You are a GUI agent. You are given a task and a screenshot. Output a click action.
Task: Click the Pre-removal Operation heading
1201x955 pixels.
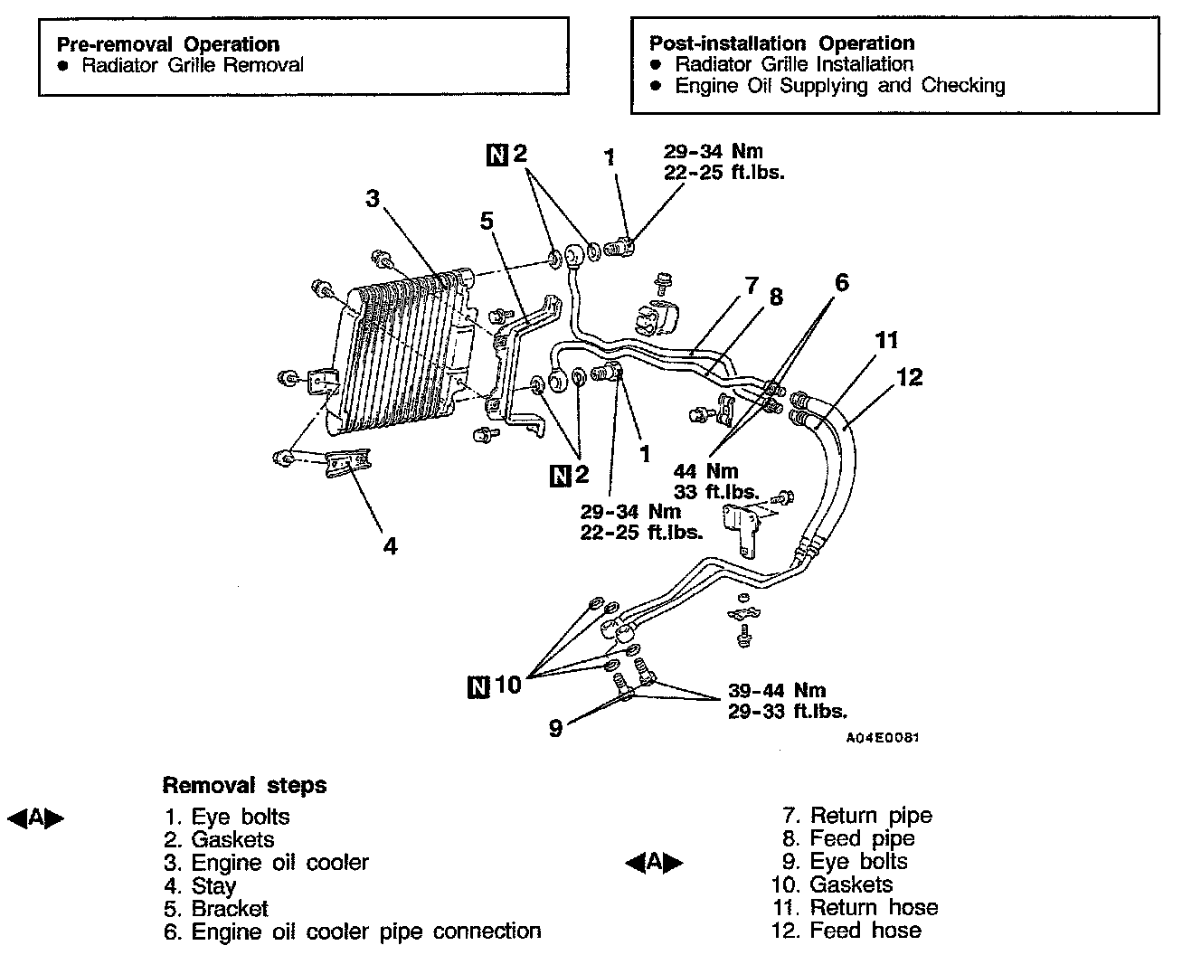coord(168,43)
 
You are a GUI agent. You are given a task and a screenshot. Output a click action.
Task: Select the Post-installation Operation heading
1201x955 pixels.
coord(781,43)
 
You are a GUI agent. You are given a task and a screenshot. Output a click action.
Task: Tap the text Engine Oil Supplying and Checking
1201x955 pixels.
coord(840,86)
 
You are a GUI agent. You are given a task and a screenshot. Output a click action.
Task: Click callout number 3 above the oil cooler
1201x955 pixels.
coord(372,198)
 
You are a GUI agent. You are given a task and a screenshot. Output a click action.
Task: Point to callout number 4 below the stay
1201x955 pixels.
coord(390,546)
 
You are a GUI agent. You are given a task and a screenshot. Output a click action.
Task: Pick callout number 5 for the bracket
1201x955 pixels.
coord(487,221)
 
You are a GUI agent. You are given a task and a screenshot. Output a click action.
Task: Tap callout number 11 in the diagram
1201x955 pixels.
coord(887,341)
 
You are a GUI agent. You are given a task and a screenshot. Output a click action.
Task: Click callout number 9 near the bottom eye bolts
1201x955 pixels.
coord(555,726)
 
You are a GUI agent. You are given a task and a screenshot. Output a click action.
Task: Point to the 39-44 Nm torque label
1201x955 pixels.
coord(777,692)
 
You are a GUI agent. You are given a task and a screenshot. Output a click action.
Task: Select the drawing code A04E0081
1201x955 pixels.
coord(883,738)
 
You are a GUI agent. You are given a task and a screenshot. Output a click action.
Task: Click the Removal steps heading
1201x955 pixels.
coord(244,785)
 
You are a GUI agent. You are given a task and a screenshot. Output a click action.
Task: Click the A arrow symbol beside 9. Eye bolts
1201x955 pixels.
coord(654,863)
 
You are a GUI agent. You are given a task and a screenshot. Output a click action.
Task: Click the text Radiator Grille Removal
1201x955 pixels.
coord(193,65)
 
